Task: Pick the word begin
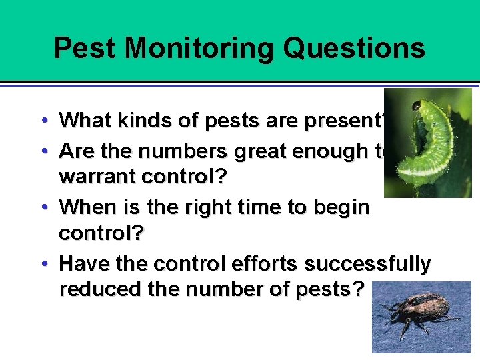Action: click(341, 207)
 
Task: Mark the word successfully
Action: click(367, 264)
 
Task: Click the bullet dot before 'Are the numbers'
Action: click(43, 151)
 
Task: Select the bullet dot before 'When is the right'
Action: click(43, 207)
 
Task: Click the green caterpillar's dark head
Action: click(416, 105)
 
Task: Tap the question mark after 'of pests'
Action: click(359, 289)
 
